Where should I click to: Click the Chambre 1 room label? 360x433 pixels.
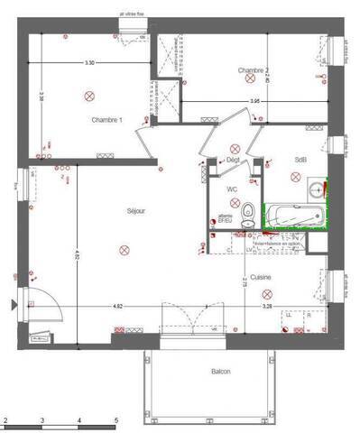[106, 119]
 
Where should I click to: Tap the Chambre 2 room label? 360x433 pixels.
[255, 70]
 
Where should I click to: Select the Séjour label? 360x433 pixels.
[135, 211]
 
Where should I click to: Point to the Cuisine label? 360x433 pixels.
[261, 278]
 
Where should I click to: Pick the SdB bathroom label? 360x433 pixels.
[300, 160]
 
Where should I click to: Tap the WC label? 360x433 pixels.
[232, 189]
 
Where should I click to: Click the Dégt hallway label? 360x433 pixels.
[233, 159]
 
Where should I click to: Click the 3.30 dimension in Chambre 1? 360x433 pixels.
[88, 63]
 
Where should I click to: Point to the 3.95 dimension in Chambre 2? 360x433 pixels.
[254, 102]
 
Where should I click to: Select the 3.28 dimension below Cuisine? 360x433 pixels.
[266, 307]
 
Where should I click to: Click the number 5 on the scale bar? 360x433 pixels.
[115, 421]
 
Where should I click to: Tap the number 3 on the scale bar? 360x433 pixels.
[42, 421]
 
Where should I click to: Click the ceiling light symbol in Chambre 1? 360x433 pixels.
[88, 95]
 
